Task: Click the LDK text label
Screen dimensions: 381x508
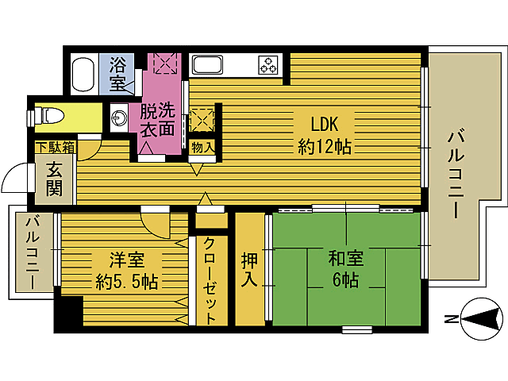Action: point(325,125)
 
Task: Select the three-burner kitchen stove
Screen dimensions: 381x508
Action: point(267,64)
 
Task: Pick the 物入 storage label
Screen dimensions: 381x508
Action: point(202,146)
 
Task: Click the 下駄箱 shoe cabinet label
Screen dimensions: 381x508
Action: point(54,147)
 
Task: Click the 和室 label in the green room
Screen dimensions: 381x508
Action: point(346,259)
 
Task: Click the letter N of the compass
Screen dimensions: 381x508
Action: point(450,321)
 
